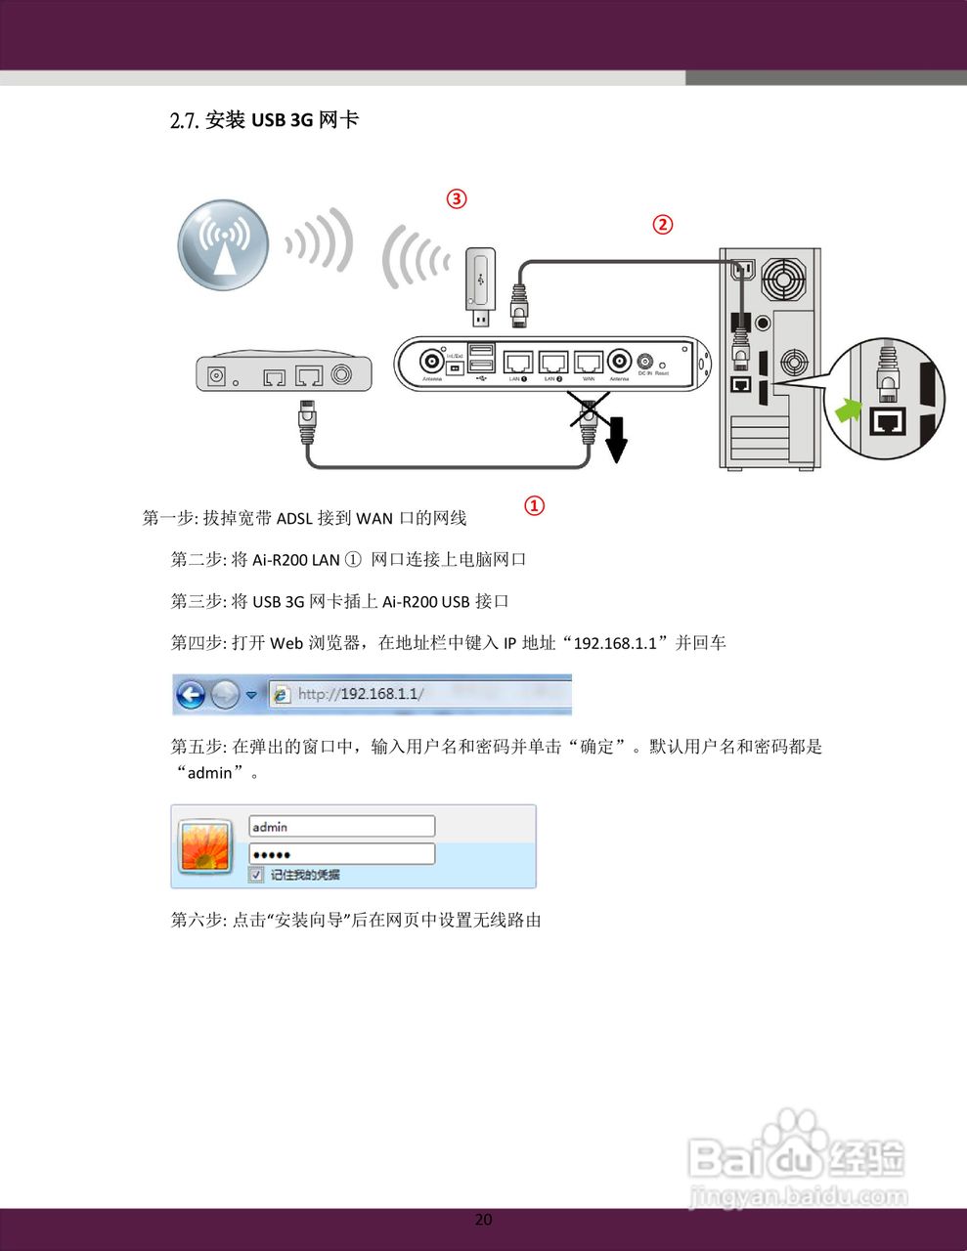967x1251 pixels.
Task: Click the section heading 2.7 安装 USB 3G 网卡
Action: point(264,120)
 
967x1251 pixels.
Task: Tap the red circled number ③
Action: point(457,198)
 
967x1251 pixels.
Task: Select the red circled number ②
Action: point(663,224)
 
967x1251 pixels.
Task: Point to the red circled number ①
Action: point(534,505)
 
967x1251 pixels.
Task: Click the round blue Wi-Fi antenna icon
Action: point(224,245)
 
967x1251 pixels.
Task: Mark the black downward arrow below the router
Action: point(616,439)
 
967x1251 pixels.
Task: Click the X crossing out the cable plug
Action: point(590,410)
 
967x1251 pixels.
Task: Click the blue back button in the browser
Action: point(191,695)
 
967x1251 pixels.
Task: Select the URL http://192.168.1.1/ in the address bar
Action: point(360,694)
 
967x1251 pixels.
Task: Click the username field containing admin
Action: point(340,827)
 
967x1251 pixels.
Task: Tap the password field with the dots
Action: point(340,853)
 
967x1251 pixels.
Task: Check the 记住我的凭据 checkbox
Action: point(256,875)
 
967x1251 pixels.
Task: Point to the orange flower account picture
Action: point(204,846)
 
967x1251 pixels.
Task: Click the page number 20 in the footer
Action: point(483,1219)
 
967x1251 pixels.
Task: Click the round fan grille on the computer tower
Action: point(785,281)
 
